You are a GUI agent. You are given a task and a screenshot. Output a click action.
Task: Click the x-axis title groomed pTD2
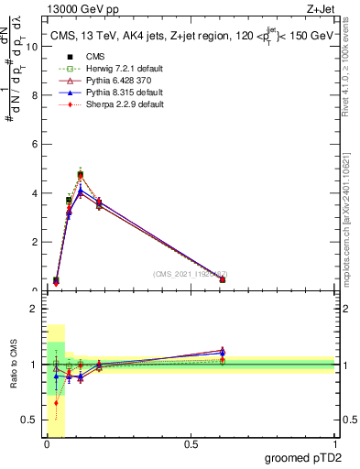coord(301,457)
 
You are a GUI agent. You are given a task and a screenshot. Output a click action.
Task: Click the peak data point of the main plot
coord(81,174)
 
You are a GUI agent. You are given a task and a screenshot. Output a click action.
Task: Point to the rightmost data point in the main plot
coord(223,279)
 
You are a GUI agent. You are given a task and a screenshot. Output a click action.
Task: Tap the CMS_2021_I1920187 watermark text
coord(191,273)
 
